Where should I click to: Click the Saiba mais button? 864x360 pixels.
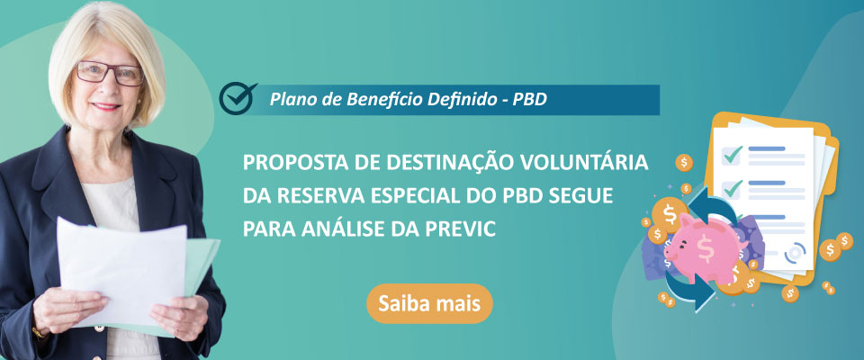click(x=429, y=303)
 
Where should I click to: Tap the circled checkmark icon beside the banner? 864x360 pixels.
click(x=238, y=98)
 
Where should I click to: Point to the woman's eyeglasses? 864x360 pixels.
click(x=110, y=73)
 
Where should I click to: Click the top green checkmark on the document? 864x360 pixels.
click(x=733, y=155)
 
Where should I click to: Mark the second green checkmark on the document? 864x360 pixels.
click(x=733, y=189)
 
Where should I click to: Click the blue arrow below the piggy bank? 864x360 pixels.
click(x=688, y=291)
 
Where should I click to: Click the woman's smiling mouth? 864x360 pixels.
click(x=107, y=106)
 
